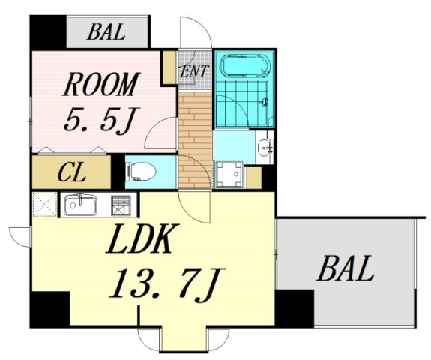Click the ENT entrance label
pos(194,71)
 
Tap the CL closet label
pos(71,173)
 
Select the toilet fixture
pos(140,172)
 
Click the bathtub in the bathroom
pos(245,65)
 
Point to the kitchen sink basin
pos(80,205)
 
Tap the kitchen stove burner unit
pos(121,205)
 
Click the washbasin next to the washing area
pos(265,148)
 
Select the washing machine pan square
pos(229,175)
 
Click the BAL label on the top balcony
pos(106,32)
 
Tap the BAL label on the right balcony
pos(346,268)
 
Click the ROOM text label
pos(102,84)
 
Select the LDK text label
pos(143,238)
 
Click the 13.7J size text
pos(167,286)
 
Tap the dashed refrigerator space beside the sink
pos(45,204)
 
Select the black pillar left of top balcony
pos(48,32)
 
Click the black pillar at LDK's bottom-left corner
pos(49,309)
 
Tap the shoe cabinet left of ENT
pos(169,67)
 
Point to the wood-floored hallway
pos(195,140)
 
